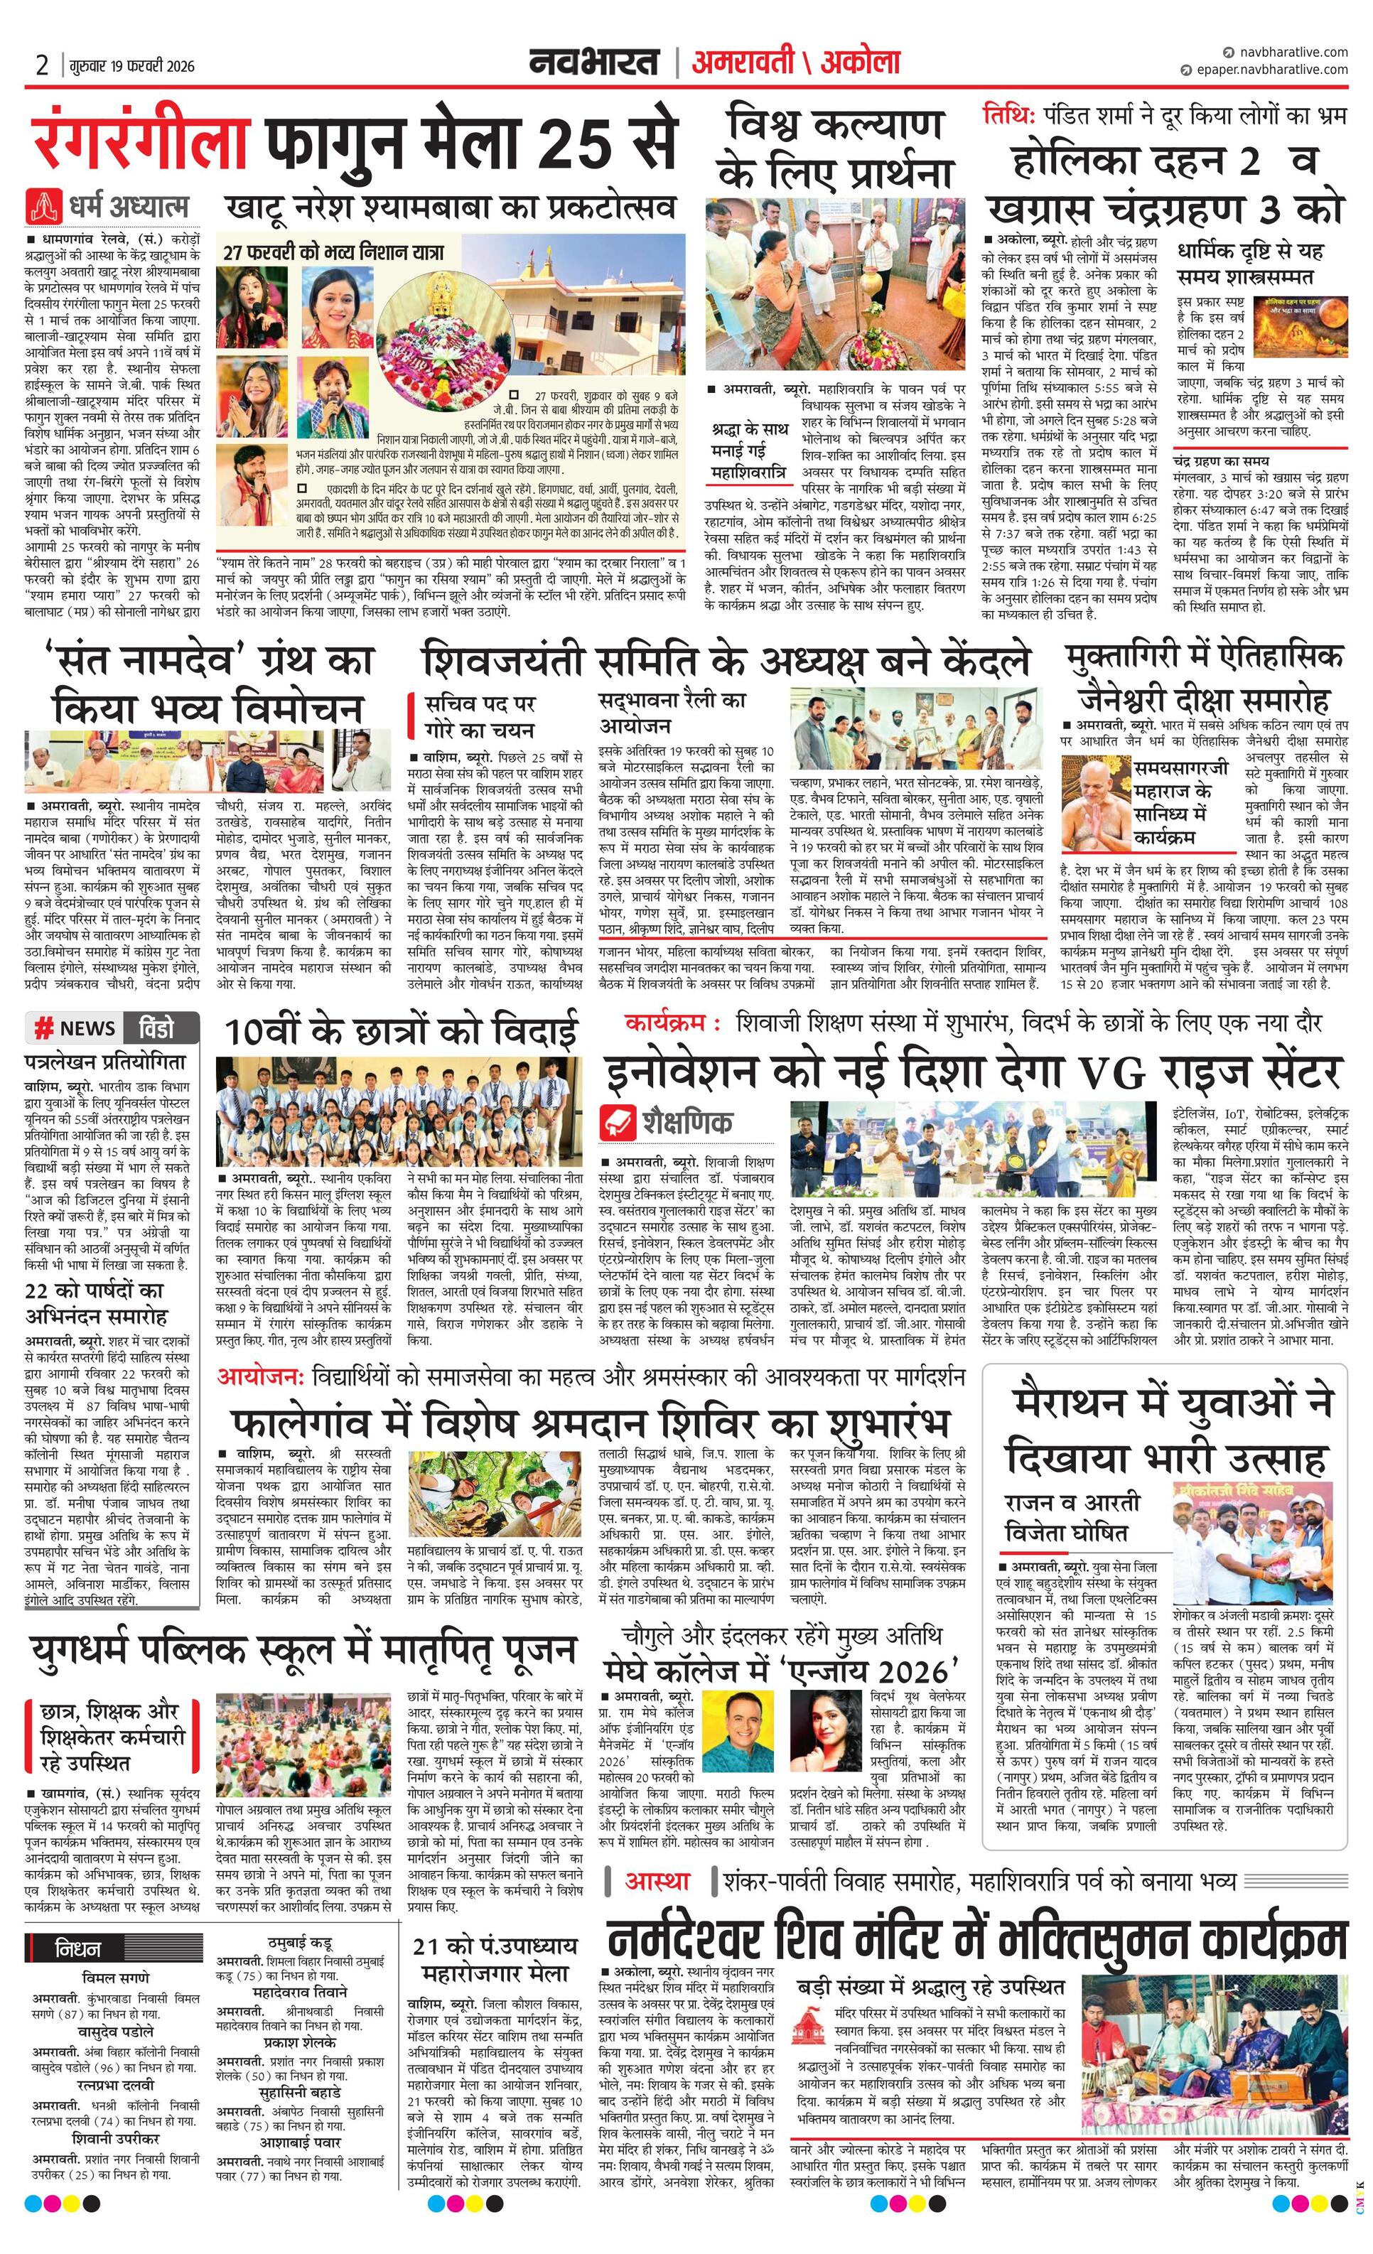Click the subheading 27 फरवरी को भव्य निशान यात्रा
pos(334,251)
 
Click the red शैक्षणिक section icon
pos(618,1121)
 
